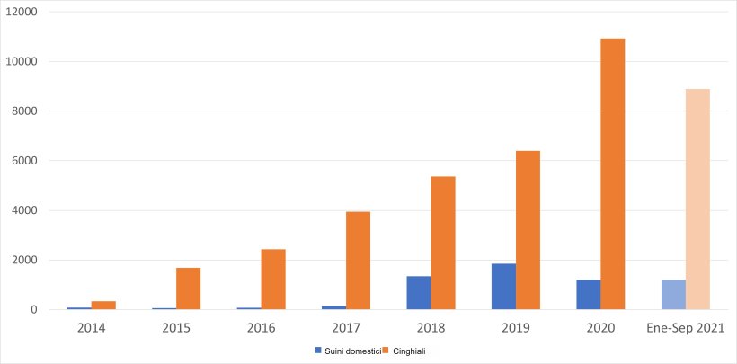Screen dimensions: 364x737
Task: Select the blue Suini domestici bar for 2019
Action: pos(503,287)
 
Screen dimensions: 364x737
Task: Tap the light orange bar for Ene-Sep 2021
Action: pos(697,200)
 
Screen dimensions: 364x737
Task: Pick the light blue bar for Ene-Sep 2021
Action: pos(673,295)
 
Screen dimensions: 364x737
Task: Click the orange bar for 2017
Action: pos(358,261)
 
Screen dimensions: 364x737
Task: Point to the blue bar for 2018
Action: pos(418,293)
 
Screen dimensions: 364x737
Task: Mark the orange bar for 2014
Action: pos(103,306)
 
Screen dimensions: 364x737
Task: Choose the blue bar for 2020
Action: pos(588,295)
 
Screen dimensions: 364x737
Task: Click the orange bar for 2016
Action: pos(273,280)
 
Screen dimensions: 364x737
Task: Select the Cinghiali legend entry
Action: pos(405,350)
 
